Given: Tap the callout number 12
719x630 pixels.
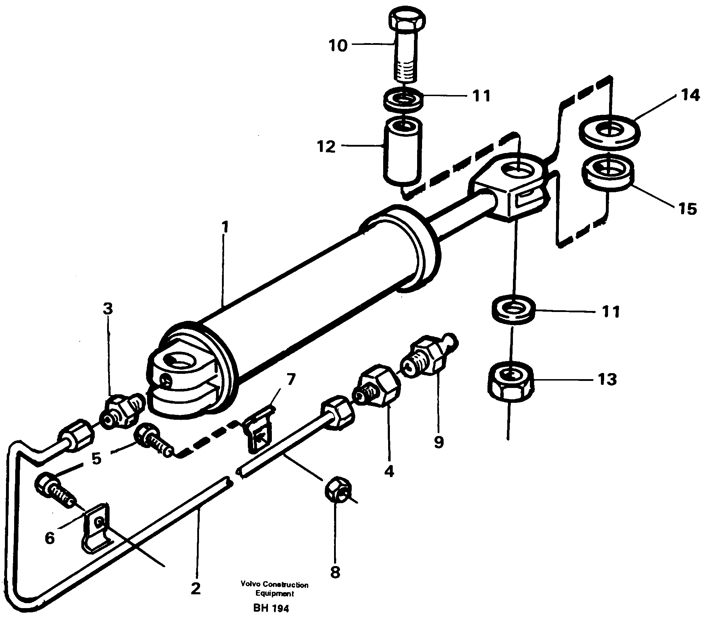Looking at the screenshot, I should [x=326, y=147].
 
